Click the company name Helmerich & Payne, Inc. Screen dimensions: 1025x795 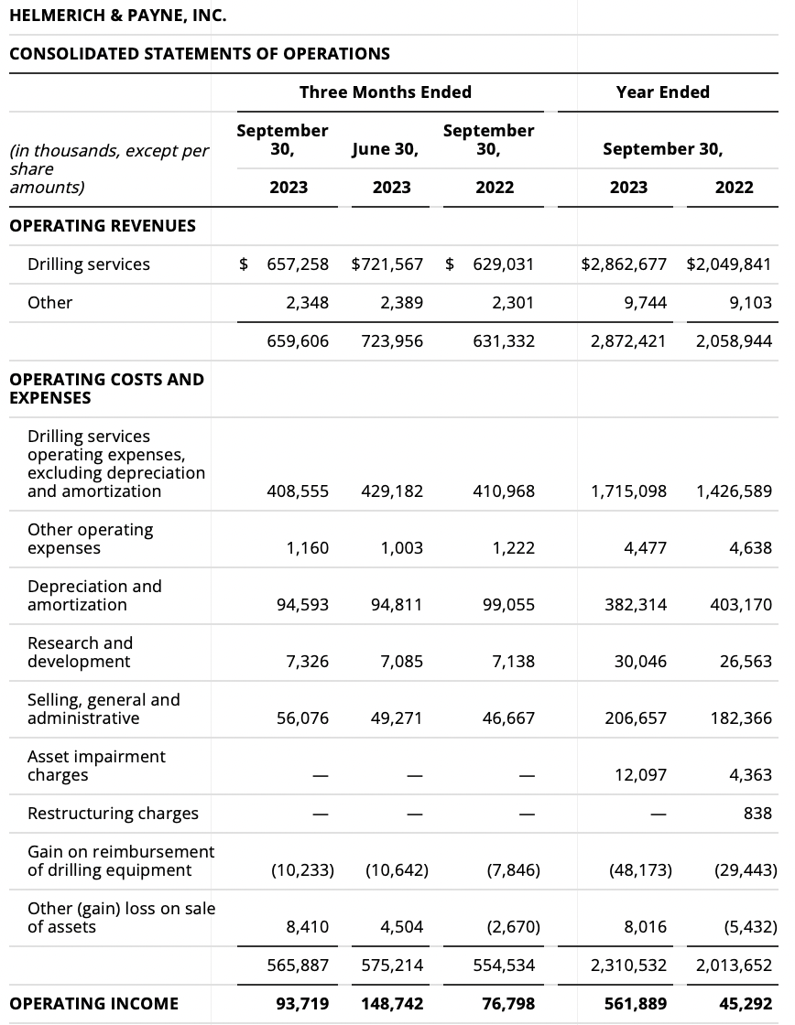pyautogui.click(x=117, y=16)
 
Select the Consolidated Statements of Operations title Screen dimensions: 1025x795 pyautogui.click(x=199, y=54)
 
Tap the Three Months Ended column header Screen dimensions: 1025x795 pyautogui.click(x=385, y=92)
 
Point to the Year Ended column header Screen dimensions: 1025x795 pyautogui.click(x=662, y=92)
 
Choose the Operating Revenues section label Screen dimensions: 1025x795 pyautogui.click(x=102, y=226)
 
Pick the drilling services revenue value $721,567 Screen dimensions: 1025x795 pyautogui.click(x=387, y=264)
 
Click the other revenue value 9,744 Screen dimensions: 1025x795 pyautogui.click(x=647, y=303)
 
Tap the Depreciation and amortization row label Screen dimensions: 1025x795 pyautogui.click(x=94, y=596)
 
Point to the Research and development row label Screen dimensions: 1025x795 pyautogui.click(x=80, y=653)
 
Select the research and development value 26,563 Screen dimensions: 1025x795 pyautogui.click(x=746, y=662)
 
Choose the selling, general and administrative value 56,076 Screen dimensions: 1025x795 pyautogui.click(x=302, y=718)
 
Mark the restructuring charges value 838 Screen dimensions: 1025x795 pyautogui.click(x=757, y=814)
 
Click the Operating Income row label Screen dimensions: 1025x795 pyautogui.click(x=93, y=1004)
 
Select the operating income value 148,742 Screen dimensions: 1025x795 pyautogui.click(x=392, y=1004)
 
